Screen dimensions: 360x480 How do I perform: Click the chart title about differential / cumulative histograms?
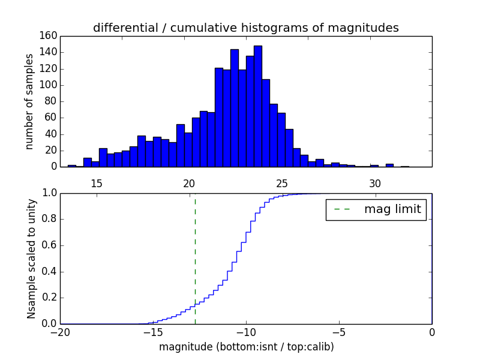(245, 28)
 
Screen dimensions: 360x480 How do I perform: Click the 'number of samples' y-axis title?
(29, 101)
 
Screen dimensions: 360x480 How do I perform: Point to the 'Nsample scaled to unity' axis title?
(31, 259)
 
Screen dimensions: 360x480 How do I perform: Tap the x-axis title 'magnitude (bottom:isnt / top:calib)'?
(246, 347)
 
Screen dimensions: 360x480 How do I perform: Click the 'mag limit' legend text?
(392, 209)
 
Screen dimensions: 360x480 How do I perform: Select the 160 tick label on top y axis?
(49, 36)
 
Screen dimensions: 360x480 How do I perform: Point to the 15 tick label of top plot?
(97, 184)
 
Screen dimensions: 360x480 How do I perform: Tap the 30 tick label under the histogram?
(375, 184)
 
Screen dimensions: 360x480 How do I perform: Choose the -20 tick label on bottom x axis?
(60, 332)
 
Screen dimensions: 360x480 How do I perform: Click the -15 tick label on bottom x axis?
(153, 332)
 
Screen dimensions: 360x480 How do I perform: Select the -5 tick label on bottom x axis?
(339, 332)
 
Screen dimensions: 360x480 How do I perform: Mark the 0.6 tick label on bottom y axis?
(49, 245)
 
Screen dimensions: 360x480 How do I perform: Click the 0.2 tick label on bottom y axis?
(49, 298)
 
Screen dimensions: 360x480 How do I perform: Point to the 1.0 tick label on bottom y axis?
(49, 193)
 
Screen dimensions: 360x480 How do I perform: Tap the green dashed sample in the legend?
(342, 209)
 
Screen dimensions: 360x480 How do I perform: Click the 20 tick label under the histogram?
(190, 184)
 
